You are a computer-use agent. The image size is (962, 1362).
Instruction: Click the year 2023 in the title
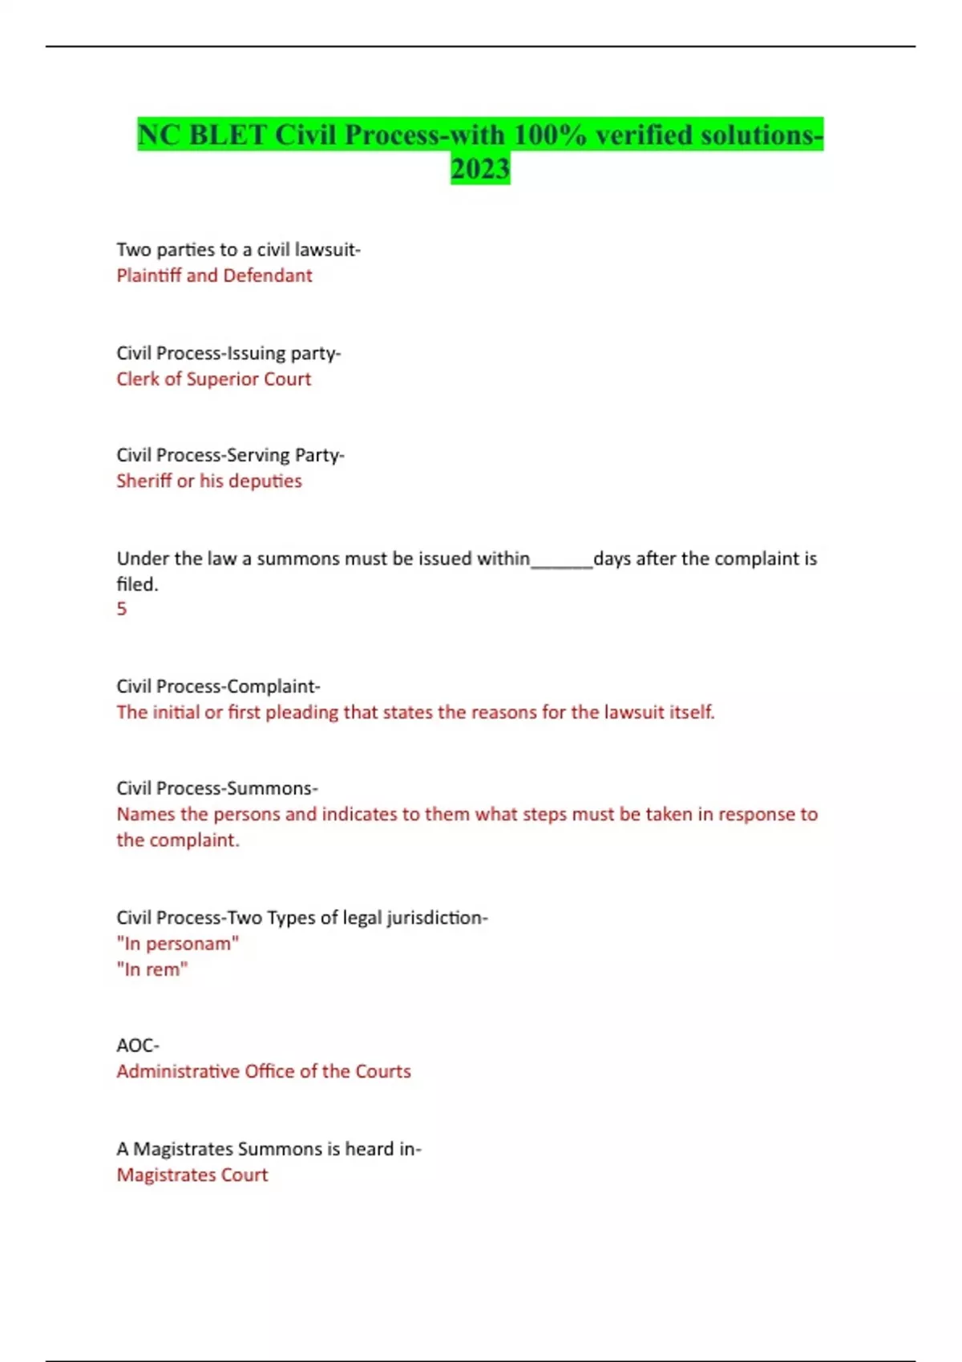[480, 169]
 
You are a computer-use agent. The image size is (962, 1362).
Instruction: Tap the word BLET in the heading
[228, 135]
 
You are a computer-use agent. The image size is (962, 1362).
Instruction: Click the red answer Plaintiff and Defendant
[214, 276]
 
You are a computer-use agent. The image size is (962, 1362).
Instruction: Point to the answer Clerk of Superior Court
[213, 379]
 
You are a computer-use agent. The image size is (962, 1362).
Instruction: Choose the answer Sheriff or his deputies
[209, 481]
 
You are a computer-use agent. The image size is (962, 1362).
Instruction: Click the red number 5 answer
[122, 609]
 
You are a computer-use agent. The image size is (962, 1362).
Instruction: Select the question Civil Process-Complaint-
[218, 687]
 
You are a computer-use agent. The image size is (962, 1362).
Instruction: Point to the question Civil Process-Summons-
[216, 788]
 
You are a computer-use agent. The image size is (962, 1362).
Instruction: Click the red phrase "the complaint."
[178, 840]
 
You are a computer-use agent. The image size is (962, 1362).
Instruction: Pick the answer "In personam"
[177, 944]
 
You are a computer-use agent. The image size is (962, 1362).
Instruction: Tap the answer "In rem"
[152, 969]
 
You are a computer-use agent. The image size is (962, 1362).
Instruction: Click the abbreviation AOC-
[138, 1046]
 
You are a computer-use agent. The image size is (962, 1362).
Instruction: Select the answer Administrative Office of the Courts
[263, 1071]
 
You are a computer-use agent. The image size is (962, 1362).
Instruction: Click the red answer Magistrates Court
[192, 1175]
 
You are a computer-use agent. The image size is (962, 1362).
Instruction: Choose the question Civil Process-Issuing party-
[228, 353]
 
